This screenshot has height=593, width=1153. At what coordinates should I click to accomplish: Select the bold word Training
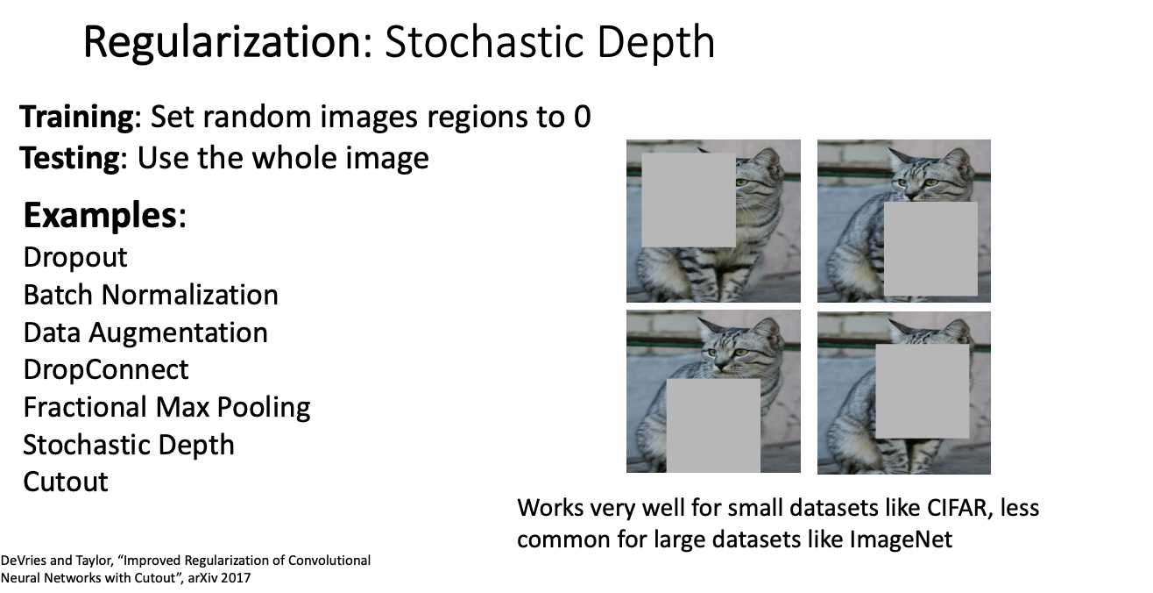tap(77, 118)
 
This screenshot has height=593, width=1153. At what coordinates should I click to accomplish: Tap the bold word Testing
tap(70, 159)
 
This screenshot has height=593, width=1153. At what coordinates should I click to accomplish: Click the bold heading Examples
tap(101, 215)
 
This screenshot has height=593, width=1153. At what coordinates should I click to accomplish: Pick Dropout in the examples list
tap(75, 258)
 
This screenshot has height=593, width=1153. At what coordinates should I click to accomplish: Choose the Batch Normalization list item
tap(151, 295)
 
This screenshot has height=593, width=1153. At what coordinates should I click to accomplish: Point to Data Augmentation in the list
tap(145, 333)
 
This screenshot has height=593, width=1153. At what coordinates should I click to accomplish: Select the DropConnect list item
tap(106, 370)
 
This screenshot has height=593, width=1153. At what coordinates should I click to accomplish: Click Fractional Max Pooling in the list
tap(166, 408)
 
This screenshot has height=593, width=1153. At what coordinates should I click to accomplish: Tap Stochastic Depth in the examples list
tap(129, 445)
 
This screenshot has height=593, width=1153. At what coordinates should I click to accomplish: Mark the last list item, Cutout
tap(66, 482)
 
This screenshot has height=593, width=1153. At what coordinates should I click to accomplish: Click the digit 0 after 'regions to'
tap(582, 117)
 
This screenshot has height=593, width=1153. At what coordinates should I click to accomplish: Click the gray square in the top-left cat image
tap(688, 200)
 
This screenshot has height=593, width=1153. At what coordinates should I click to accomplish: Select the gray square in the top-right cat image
tap(930, 249)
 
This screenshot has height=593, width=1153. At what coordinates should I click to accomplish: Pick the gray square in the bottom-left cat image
tap(713, 426)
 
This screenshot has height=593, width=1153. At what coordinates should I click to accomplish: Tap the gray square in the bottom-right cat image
tap(923, 391)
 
